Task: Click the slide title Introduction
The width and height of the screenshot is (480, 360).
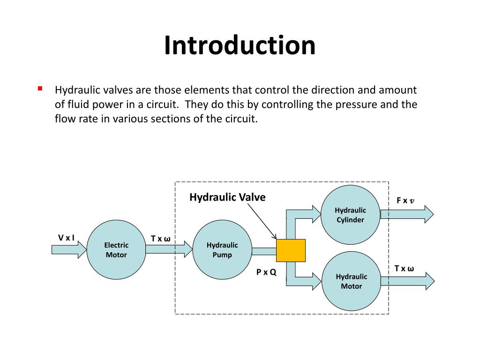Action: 240,45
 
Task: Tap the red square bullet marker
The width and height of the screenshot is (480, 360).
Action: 40,88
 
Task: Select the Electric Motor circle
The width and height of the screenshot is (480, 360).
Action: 116,249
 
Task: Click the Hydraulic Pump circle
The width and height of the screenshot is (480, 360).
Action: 222,249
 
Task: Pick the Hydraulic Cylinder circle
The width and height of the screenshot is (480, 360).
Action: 350,215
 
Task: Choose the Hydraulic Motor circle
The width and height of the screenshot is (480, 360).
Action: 351,281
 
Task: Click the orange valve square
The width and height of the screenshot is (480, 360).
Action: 291,250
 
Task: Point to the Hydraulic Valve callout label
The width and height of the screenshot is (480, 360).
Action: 227,197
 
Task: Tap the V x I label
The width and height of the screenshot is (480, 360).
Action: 66,238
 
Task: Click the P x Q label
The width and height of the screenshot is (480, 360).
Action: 266,271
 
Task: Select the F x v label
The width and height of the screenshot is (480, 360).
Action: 405,201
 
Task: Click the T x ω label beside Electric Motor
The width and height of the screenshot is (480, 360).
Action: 161,239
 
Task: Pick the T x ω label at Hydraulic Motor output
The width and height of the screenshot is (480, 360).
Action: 404,269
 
